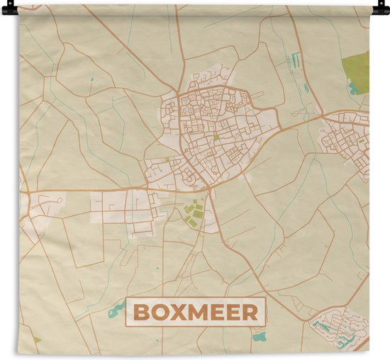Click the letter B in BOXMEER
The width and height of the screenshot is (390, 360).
coord(141,313)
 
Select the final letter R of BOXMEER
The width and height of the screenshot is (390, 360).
coord(251,313)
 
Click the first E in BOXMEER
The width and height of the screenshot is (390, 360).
coord(216,313)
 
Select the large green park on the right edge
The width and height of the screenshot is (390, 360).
coord(356,68)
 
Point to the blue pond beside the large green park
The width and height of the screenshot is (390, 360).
coord(352,89)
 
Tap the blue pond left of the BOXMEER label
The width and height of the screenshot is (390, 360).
coord(116,308)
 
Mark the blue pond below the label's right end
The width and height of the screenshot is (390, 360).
coord(259,336)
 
